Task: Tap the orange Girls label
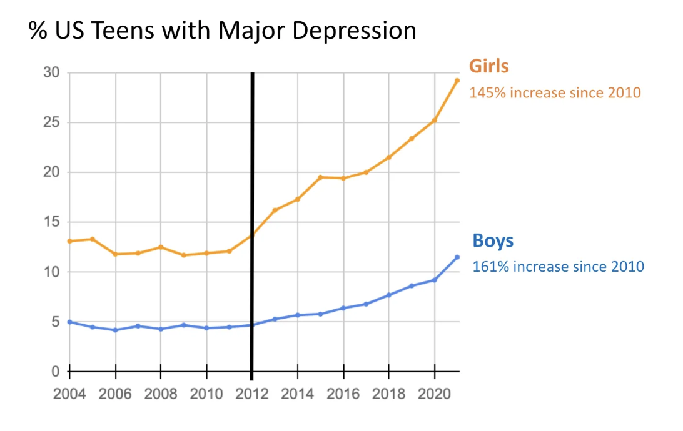pos(489,67)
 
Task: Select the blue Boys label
pos(493,242)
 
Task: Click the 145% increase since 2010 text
pos(555,92)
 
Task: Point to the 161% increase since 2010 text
pos(558,267)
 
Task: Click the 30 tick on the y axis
pos(51,73)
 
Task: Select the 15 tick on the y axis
pos(51,222)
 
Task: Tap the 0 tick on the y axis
pos(55,372)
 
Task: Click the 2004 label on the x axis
pos(69,395)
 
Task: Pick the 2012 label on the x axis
pos(252,395)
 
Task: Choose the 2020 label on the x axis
pos(434,395)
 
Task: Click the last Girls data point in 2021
pos(457,81)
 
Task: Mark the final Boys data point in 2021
pos(457,257)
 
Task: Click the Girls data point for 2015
pos(320,177)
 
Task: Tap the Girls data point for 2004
pos(69,241)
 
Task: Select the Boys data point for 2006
pos(115,330)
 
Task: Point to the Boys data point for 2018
pos(388,295)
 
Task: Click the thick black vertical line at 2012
pos(252,187)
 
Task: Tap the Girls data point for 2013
pos(275,211)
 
